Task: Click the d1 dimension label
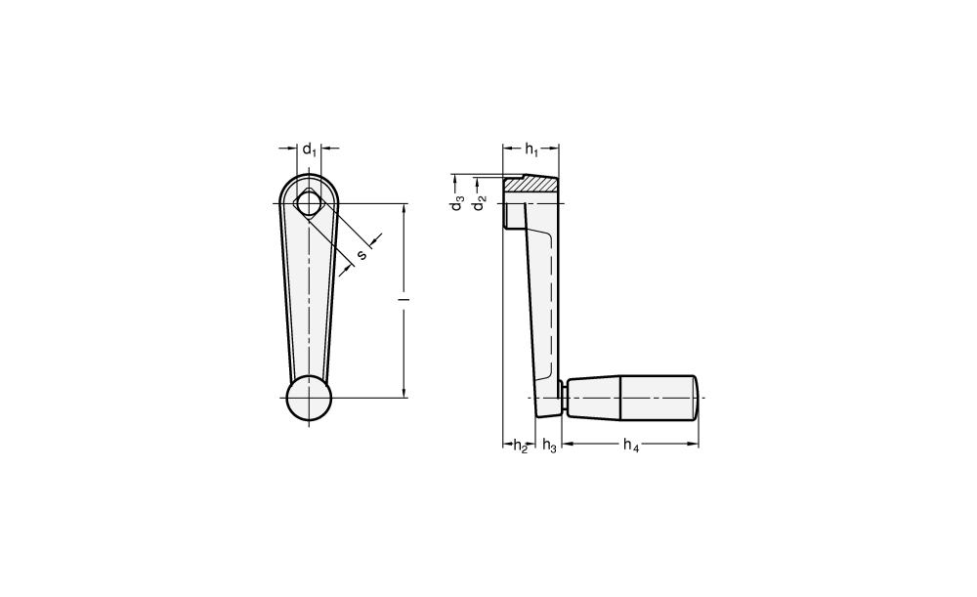click(310, 150)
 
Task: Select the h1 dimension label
click(531, 149)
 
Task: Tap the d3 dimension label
click(458, 203)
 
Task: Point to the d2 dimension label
click(479, 203)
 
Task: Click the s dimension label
click(361, 255)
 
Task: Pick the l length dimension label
click(405, 300)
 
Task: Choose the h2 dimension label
click(521, 446)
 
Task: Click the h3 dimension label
click(549, 446)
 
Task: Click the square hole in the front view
click(308, 203)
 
